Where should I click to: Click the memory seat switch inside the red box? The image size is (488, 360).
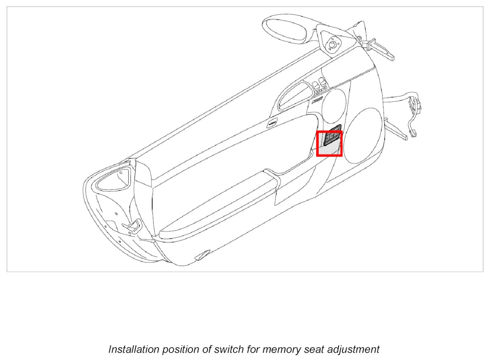tap(332, 137)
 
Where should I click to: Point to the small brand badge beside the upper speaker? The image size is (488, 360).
tap(317, 100)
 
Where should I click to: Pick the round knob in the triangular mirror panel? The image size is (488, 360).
tap(332, 44)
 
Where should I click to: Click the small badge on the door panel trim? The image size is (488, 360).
tap(271, 123)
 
